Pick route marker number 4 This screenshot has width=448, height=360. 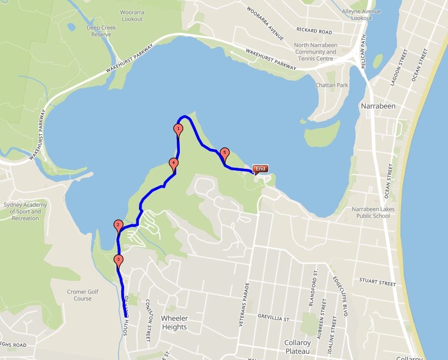pyautogui.click(x=174, y=164)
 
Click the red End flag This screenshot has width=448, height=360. pyautogui.click(x=260, y=169)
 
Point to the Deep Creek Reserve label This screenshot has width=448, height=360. pyautogui.click(x=101, y=31)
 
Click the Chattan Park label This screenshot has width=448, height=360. pyautogui.click(x=332, y=85)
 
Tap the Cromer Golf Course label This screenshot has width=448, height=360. pyautogui.click(x=83, y=295)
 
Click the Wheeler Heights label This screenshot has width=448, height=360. pyautogui.click(x=174, y=322)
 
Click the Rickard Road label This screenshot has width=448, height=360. pyautogui.click(x=315, y=32)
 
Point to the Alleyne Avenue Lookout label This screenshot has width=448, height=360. pyautogui.click(x=362, y=14)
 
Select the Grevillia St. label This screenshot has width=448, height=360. pyautogui.click(x=274, y=318)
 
